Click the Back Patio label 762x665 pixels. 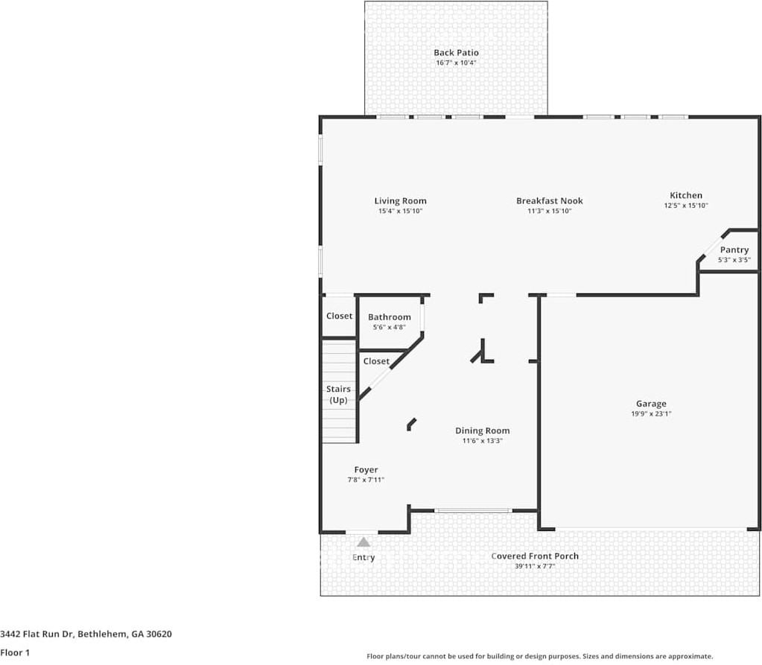pyautogui.click(x=456, y=52)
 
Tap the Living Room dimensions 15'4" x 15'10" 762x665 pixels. pyautogui.click(x=401, y=211)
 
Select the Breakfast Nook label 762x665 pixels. pyautogui.click(x=549, y=200)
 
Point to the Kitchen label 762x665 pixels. pyautogui.click(x=686, y=195)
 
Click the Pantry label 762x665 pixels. pyautogui.click(x=734, y=249)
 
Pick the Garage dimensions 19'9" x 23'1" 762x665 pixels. pyautogui.click(x=651, y=414)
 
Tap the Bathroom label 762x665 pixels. pyautogui.click(x=390, y=317)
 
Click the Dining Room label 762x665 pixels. pyautogui.click(x=483, y=431)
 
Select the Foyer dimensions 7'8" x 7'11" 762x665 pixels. pyautogui.click(x=366, y=480)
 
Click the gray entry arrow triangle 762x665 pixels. pyautogui.click(x=363, y=542)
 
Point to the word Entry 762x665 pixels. pyautogui.click(x=363, y=558)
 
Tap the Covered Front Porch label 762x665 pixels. pyautogui.click(x=535, y=556)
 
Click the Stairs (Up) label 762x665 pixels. pyautogui.click(x=338, y=395)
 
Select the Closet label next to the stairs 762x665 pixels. pyautogui.click(x=376, y=361)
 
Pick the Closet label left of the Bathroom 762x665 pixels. pyautogui.click(x=339, y=316)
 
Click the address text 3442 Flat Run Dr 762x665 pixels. pyautogui.click(x=36, y=634)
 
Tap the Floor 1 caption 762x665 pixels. pyautogui.click(x=15, y=653)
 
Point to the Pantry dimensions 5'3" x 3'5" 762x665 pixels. pyautogui.click(x=734, y=260)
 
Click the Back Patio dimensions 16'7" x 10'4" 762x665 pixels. pyautogui.click(x=456, y=63)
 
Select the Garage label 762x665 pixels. pyautogui.click(x=651, y=404)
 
